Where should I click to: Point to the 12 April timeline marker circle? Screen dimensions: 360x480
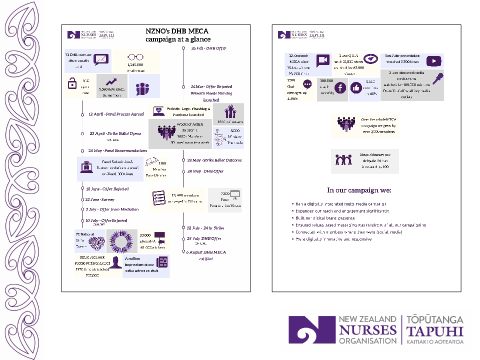tap(82, 114)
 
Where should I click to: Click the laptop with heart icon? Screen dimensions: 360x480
tap(159, 110)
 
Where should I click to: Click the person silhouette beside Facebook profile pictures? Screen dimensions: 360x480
tap(116, 262)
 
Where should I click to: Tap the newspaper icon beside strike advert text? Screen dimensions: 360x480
tap(162, 262)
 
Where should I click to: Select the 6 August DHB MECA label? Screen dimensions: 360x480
tap(206, 252)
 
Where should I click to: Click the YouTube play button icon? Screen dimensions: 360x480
tap(433, 60)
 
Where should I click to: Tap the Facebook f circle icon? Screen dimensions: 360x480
tap(339, 87)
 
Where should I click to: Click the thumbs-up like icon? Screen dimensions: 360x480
tap(357, 87)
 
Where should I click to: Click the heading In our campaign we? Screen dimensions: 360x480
tap(359, 190)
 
